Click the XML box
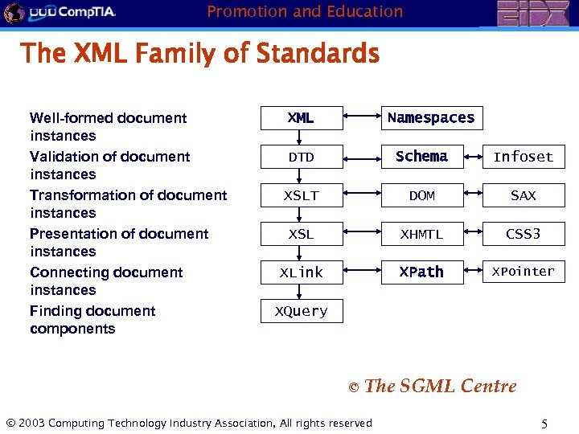click(302, 118)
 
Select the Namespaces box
click(431, 118)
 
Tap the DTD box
click(302, 157)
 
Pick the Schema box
click(422, 157)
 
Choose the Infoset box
click(524, 157)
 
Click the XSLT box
click(302, 195)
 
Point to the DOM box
click(422, 195)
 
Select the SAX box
click(524, 195)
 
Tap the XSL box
click(302, 234)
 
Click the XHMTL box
click(422, 234)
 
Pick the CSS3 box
click(524, 234)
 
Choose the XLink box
click(302, 272)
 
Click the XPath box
click(422, 272)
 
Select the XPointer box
click(524, 272)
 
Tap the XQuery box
click(302, 311)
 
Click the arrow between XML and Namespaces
click(361, 118)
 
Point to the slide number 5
click(544, 424)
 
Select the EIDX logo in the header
click(532, 13)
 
